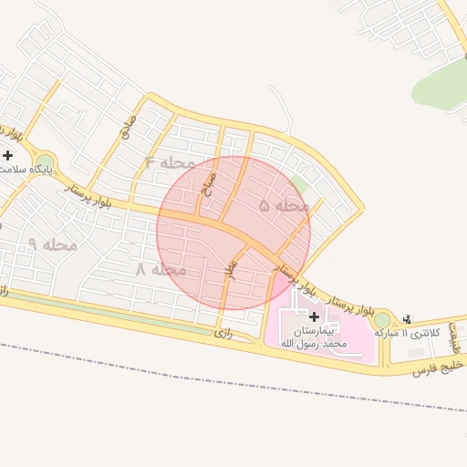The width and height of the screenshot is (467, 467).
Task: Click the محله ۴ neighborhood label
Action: pyautogui.click(x=170, y=163)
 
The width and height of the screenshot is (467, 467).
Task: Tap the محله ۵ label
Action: pyautogui.click(x=285, y=206)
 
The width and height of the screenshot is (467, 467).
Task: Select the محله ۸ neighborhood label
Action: pyautogui.click(x=161, y=270)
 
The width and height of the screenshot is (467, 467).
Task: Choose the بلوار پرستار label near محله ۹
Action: pyautogui.click(x=89, y=194)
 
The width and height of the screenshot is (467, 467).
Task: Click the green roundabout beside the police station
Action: pyautogui.click(x=382, y=320)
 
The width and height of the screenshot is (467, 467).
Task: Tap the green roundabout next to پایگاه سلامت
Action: pyautogui.click(x=44, y=163)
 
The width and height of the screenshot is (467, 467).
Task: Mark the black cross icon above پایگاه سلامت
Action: pyautogui.click(x=9, y=155)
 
